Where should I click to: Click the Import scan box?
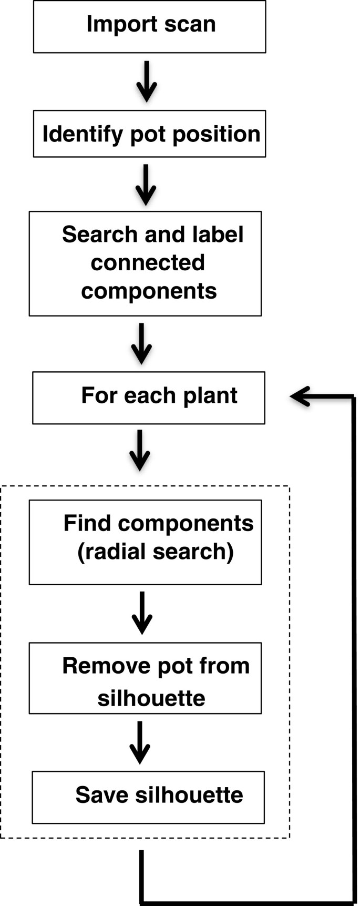click(x=149, y=26)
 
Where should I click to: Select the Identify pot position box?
click(x=149, y=134)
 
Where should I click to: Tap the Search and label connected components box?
click(x=145, y=263)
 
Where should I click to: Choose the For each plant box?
click(x=148, y=398)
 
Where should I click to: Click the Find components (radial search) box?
click(x=145, y=542)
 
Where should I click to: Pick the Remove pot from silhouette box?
click(x=145, y=678)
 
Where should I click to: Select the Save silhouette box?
click(x=148, y=797)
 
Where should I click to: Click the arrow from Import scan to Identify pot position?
click(x=147, y=82)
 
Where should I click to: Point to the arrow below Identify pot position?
click(x=146, y=185)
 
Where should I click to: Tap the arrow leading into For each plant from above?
click(x=141, y=343)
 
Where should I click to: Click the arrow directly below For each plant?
click(x=140, y=450)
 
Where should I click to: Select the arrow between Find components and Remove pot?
click(x=142, y=613)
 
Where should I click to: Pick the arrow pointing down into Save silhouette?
click(x=140, y=742)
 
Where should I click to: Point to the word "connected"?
click(x=147, y=262)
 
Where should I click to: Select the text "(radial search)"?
click(x=156, y=552)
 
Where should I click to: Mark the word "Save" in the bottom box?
click(x=102, y=795)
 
